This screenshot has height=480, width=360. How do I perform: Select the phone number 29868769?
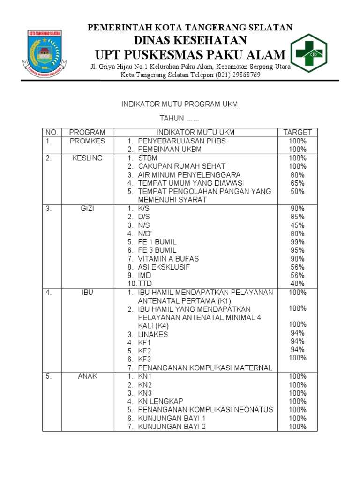pyautogui.click(x=245, y=75)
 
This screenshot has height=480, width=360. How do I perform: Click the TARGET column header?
pyautogui.click(x=297, y=132)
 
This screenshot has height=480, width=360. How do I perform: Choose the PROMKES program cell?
pyautogui.click(x=88, y=141)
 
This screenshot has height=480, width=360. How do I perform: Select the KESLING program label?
pyautogui.click(x=88, y=158)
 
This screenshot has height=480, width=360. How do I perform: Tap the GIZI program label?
pyautogui.click(x=88, y=209)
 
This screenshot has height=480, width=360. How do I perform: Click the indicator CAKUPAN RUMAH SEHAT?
pyautogui.click(x=181, y=166)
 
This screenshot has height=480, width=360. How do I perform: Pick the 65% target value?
pyautogui.click(x=297, y=183)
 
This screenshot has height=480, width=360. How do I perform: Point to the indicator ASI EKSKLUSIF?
pyautogui.click(x=164, y=267)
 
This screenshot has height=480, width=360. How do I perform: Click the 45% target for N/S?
pyautogui.click(x=297, y=225)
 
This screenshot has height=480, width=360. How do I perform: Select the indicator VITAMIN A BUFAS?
pyautogui.click(x=168, y=259)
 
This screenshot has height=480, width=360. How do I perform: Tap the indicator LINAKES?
pyautogui.click(x=153, y=335)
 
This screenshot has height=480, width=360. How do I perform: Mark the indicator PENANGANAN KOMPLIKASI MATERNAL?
pyautogui.click(x=205, y=368)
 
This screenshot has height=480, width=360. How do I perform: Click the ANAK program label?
pyautogui.click(x=88, y=376)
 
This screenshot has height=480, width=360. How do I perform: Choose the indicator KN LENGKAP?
pyautogui.click(x=160, y=401)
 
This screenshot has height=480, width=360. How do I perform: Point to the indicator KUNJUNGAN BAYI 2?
pyautogui.click(x=172, y=427)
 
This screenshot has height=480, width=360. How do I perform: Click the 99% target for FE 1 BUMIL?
pyautogui.click(x=297, y=242)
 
